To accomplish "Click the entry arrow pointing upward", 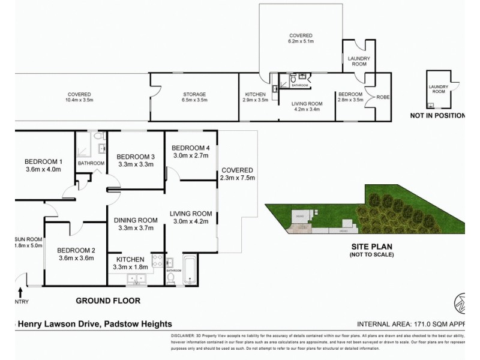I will (x=22, y=293).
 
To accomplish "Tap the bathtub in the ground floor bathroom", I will (x=189, y=271).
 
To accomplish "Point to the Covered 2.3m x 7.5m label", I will (x=236, y=174).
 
